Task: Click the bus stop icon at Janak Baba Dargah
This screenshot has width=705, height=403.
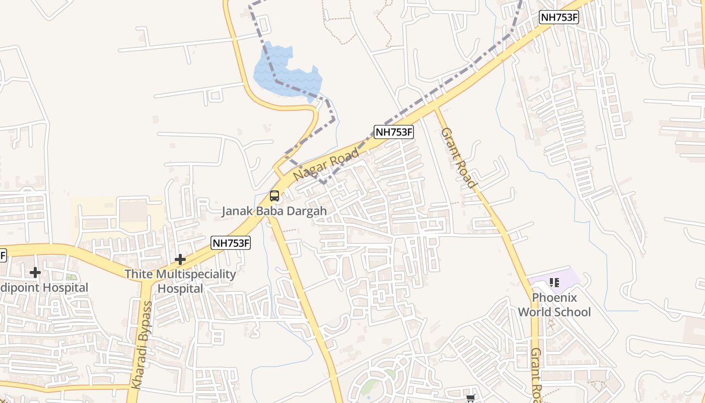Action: click(x=274, y=196)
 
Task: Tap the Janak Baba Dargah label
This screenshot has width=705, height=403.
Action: click(x=274, y=211)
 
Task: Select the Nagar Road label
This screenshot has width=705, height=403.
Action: click(x=326, y=164)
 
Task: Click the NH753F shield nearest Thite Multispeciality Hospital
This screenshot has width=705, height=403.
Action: click(x=231, y=243)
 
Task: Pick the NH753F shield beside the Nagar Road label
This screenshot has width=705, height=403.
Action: click(x=393, y=132)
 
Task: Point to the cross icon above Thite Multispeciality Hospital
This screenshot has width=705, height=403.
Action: click(x=180, y=259)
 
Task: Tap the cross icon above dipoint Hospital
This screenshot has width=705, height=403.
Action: click(x=35, y=273)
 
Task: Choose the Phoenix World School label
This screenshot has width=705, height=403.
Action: click(x=554, y=305)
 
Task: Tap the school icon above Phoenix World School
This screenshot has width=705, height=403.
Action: click(x=554, y=282)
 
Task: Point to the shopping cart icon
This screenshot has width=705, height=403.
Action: click(x=470, y=398)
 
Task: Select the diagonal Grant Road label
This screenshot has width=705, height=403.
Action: click(x=457, y=157)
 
